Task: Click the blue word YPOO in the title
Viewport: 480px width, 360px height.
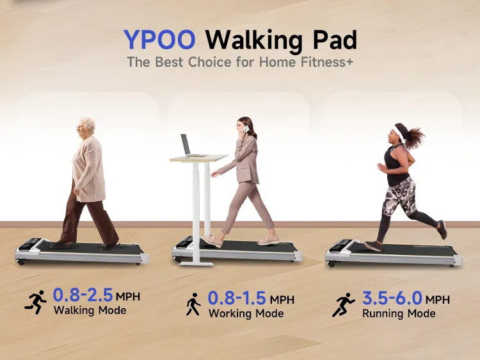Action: [159, 40]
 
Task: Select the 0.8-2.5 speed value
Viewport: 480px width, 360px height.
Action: [83, 295]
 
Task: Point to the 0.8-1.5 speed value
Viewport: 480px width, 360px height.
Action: [237, 299]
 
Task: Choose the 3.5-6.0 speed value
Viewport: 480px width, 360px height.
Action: [392, 299]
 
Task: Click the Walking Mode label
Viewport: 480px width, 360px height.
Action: [90, 311]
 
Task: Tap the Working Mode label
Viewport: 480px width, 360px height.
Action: [246, 314]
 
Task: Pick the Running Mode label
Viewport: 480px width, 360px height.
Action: [399, 314]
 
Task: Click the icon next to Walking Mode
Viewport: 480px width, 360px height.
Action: [36, 301]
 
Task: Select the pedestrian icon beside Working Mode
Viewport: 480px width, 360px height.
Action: [192, 304]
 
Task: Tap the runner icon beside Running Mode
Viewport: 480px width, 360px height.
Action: [344, 304]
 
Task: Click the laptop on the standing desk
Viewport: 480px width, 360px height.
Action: [187, 145]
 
